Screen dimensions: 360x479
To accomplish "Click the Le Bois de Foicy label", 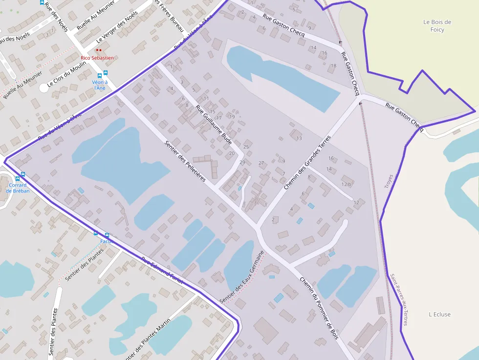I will click(x=437, y=25).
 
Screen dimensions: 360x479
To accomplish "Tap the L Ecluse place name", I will click(x=439, y=315).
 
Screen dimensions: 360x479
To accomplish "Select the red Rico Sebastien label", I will click(x=97, y=58).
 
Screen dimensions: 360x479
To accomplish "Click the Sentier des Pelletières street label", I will click(x=185, y=161).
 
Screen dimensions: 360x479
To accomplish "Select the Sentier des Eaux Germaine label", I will click(x=242, y=277).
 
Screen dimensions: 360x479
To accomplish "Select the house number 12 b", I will click(x=346, y=184).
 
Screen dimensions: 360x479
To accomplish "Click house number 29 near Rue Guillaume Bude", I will click(x=242, y=162).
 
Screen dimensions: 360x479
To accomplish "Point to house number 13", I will click(x=299, y=138).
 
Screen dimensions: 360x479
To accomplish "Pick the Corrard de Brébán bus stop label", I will click(x=18, y=188).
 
